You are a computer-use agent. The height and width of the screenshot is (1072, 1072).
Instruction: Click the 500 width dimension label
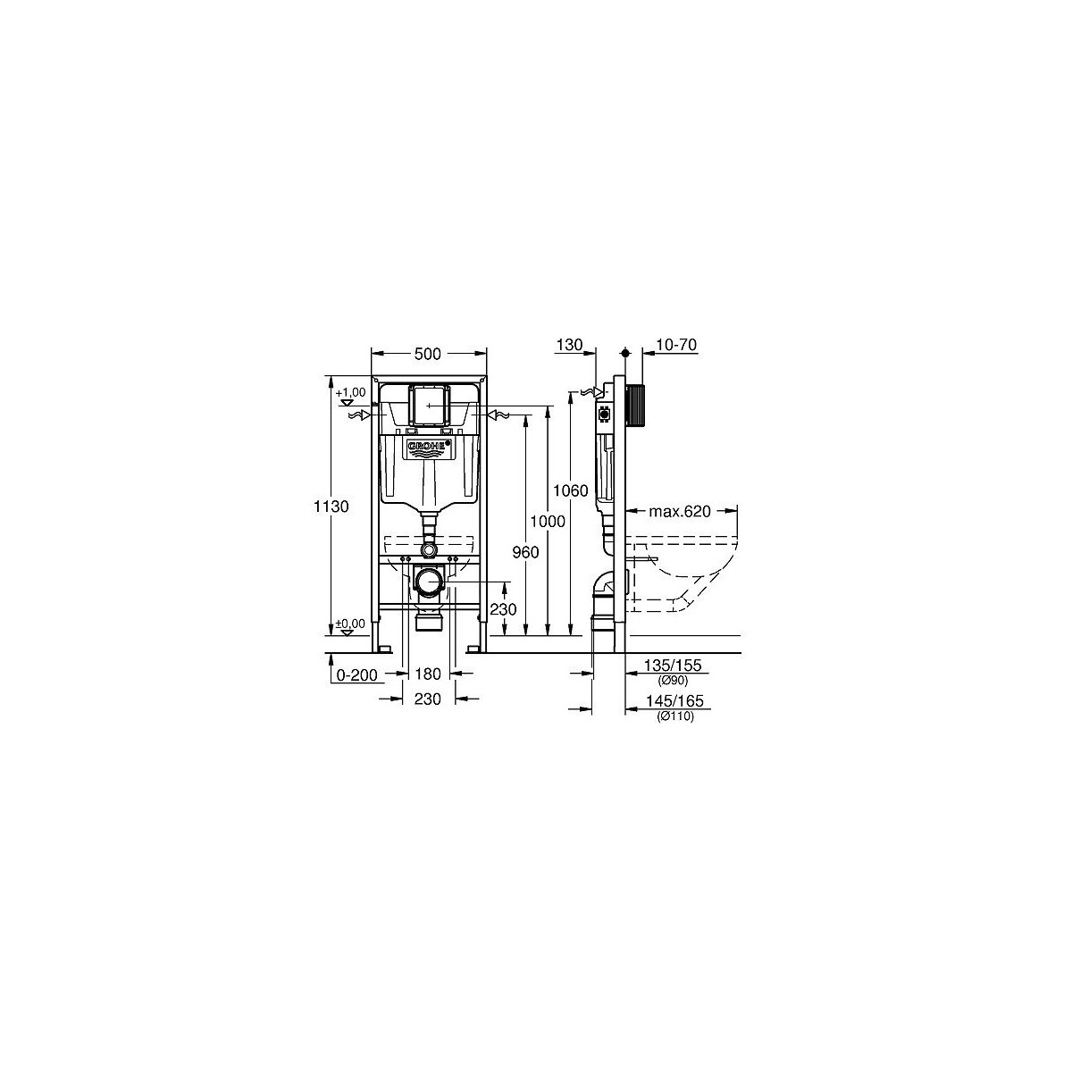(x=427, y=353)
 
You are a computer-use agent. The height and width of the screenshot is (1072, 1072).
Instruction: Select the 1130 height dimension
(x=331, y=506)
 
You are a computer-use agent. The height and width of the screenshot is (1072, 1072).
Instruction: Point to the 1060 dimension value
(x=570, y=490)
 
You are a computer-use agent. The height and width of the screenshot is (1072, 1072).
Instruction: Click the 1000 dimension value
(x=548, y=521)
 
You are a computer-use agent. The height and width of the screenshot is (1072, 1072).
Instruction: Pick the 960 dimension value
(x=525, y=552)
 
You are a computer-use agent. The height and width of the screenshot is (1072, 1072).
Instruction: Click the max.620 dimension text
(x=680, y=511)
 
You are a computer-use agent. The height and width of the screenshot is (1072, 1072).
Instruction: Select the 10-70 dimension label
(x=676, y=345)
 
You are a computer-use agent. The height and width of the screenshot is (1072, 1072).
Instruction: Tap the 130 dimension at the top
(x=569, y=344)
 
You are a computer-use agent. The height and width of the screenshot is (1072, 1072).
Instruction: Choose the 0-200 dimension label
(x=357, y=675)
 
